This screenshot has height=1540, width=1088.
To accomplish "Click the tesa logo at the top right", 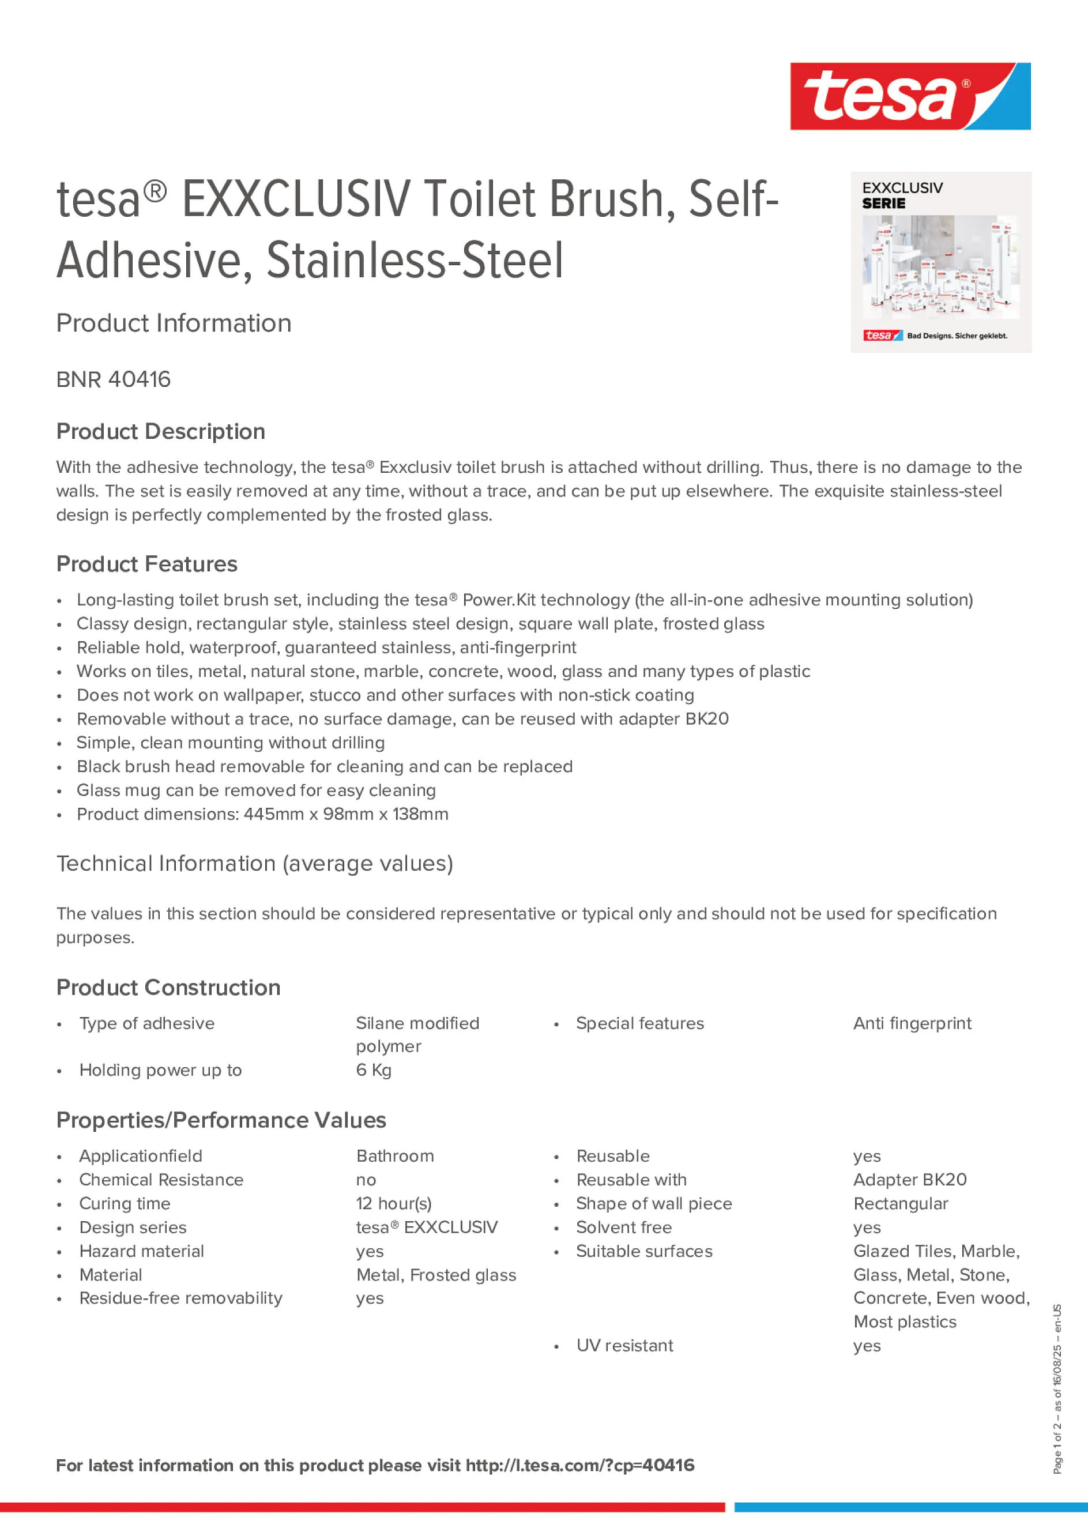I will [910, 97].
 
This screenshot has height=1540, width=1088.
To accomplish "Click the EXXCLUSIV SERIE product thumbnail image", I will [940, 262].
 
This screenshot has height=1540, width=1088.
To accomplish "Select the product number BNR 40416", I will [114, 379].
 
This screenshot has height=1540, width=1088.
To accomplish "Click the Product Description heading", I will [160, 431].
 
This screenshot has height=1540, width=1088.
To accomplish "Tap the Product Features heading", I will [146, 564].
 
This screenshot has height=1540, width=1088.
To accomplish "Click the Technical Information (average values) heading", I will [254, 863].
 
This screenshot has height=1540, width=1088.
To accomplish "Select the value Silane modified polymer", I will [417, 1034].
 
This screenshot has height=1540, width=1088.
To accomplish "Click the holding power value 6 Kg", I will [374, 1070].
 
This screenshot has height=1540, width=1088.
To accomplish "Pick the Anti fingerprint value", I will [912, 1023].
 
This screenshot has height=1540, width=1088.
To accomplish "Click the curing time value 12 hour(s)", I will [394, 1203].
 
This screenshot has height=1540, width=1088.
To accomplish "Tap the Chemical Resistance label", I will [161, 1180].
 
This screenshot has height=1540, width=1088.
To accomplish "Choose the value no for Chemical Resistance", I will [366, 1180].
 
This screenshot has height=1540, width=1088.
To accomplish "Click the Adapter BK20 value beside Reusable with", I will [910, 1180].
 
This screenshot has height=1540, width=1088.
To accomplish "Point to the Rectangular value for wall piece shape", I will [900, 1203].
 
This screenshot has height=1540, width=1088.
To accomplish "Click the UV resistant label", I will [624, 1346].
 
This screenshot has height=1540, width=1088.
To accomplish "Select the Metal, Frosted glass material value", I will [436, 1275].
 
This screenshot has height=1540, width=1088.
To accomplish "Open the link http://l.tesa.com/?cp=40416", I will [579, 1466].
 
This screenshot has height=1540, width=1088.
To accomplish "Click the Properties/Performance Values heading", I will [221, 1120].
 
